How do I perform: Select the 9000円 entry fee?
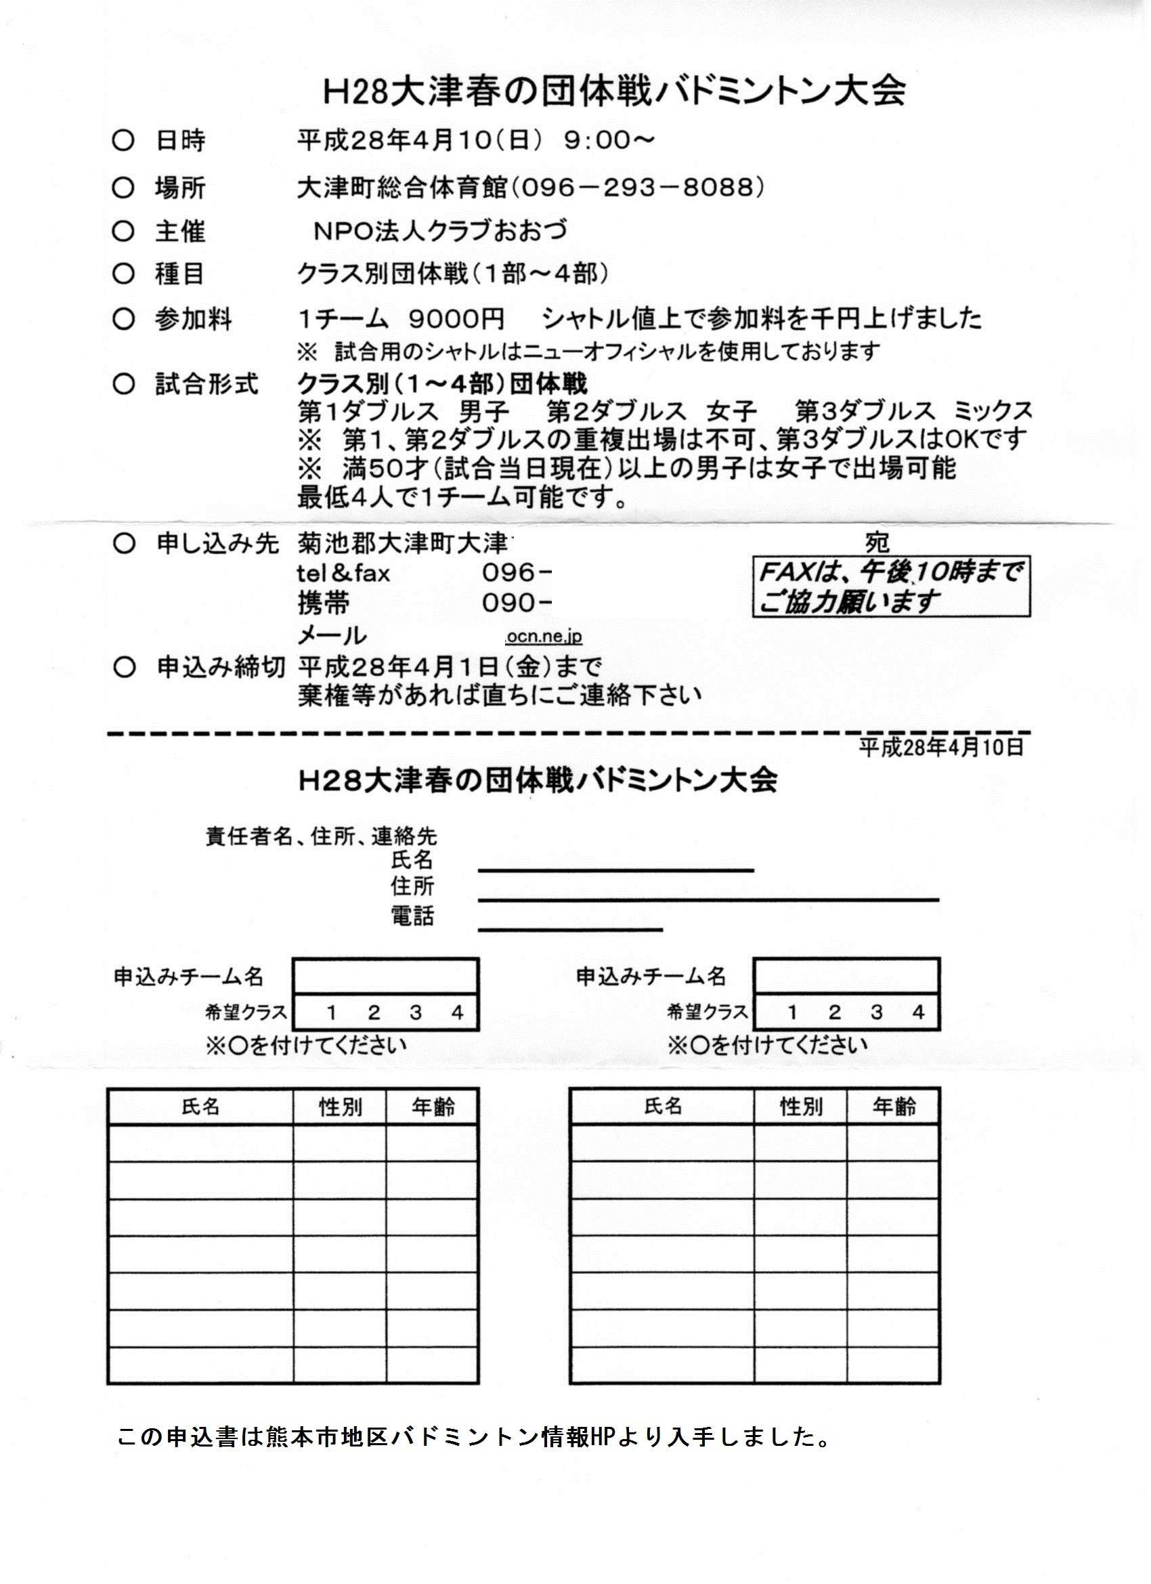pyautogui.click(x=456, y=319)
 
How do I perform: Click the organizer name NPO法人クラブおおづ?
pyautogui.click(x=440, y=230)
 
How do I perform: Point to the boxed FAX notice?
pyautogui.click(x=890, y=586)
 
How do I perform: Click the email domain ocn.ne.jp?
pyautogui.click(x=544, y=637)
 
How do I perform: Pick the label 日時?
pyautogui.click(x=180, y=142)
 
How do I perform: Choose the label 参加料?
pyautogui.click(x=193, y=320)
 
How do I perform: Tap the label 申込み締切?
pyautogui.click(x=220, y=668)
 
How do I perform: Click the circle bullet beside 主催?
pyautogui.click(x=123, y=231)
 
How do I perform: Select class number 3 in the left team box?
pyautogui.click(x=416, y=1012)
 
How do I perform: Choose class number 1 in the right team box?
pyautogui.click(x=792, y=1012)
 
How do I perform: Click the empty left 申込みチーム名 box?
pyautogui.click(x=385, y=976)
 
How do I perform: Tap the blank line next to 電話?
pyautogui.click(x=570, y=929)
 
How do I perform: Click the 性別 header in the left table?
pyautogui.click(x=340, y=1107)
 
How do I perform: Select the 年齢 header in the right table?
pyautogui.click(x=893, y=1107)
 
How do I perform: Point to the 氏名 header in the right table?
pyautogui.click(x=662, y=1107)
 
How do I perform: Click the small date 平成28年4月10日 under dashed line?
pyautogui.click(x=941, y=747)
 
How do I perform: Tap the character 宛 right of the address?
pyautogui.click(x=877, y=542)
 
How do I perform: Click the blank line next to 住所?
pyautogui.click(x=708, y=899)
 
